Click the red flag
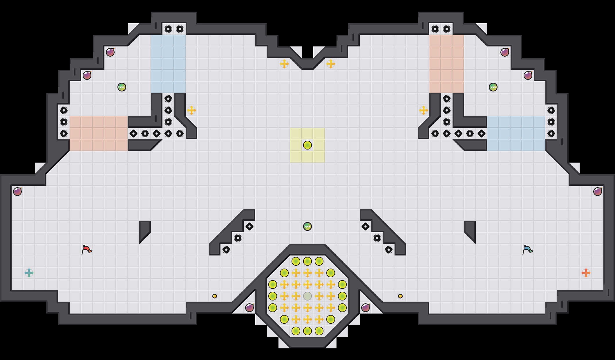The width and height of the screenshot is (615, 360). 86,249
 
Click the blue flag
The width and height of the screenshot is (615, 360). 527,249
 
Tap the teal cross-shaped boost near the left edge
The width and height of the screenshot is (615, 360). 29,273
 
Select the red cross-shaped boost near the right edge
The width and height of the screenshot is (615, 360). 586,273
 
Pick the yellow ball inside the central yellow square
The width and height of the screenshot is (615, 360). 307,145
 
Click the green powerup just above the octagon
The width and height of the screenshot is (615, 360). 307,226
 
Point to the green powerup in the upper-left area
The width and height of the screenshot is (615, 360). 122,87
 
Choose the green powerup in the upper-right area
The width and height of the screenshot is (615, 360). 493,87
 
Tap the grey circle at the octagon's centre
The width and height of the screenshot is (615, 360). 307,296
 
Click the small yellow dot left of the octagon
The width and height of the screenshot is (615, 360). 215,296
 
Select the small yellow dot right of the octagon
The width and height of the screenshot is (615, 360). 400,296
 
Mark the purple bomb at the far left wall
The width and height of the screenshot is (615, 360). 17,192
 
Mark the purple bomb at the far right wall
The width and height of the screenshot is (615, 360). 598,192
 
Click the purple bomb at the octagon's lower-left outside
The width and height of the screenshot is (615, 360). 249,308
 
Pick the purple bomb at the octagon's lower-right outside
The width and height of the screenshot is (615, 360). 366,308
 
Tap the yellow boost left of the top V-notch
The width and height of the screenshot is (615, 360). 284,64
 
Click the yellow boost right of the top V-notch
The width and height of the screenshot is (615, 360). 331,64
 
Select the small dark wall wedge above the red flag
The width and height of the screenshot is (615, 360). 144,229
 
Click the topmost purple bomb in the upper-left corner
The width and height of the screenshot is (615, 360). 110,52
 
